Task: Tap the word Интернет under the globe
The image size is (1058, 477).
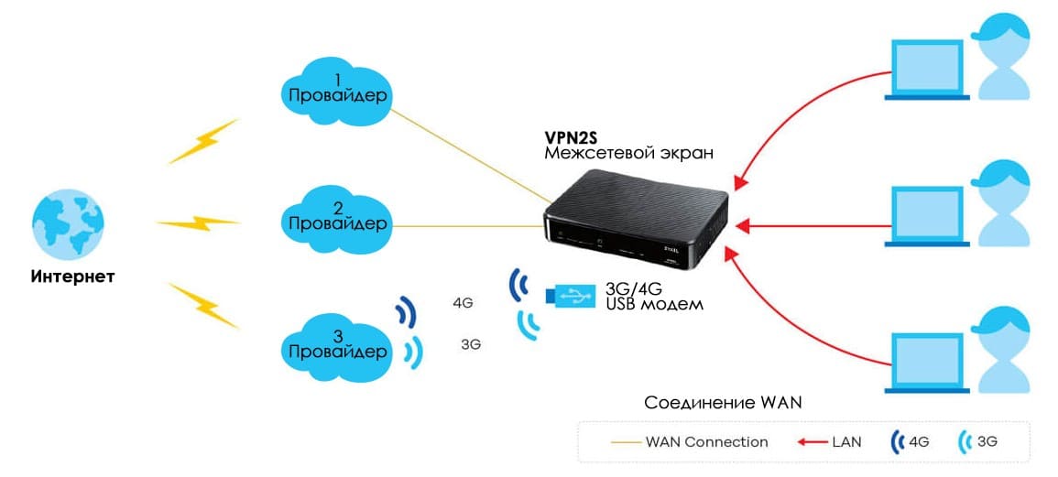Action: [72, 276]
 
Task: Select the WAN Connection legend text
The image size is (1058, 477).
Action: [706, 441]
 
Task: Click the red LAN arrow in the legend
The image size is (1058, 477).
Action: [811, 441]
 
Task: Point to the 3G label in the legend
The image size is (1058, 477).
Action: [987, 441]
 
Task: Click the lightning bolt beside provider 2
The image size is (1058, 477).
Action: [199, 222]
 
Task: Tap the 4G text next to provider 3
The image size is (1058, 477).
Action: [464, 302]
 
